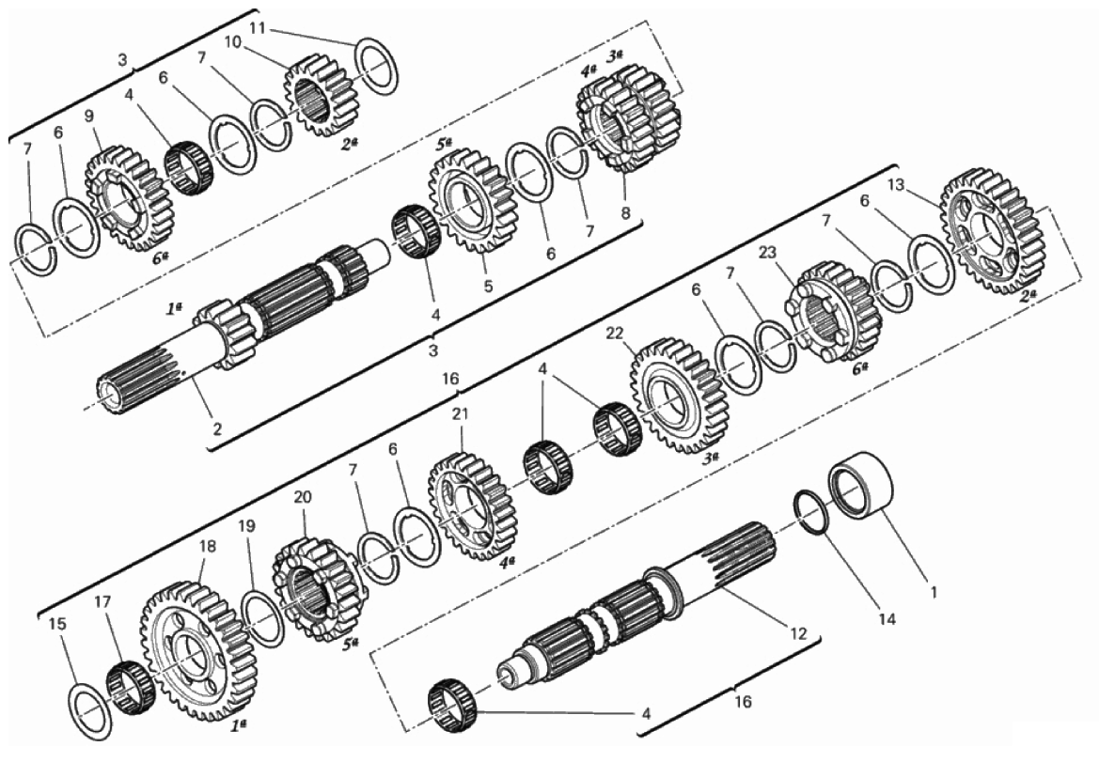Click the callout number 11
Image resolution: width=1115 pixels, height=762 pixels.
tap(258, 28)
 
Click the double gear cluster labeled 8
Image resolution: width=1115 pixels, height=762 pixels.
tap(626, 118)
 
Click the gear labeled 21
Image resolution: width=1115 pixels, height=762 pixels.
tap(472, 507)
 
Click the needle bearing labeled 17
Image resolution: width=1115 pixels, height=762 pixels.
tap(131, 687)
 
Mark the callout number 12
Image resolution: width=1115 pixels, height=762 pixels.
tap(798, 632)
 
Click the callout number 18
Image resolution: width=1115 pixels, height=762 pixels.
tap(207, 546)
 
